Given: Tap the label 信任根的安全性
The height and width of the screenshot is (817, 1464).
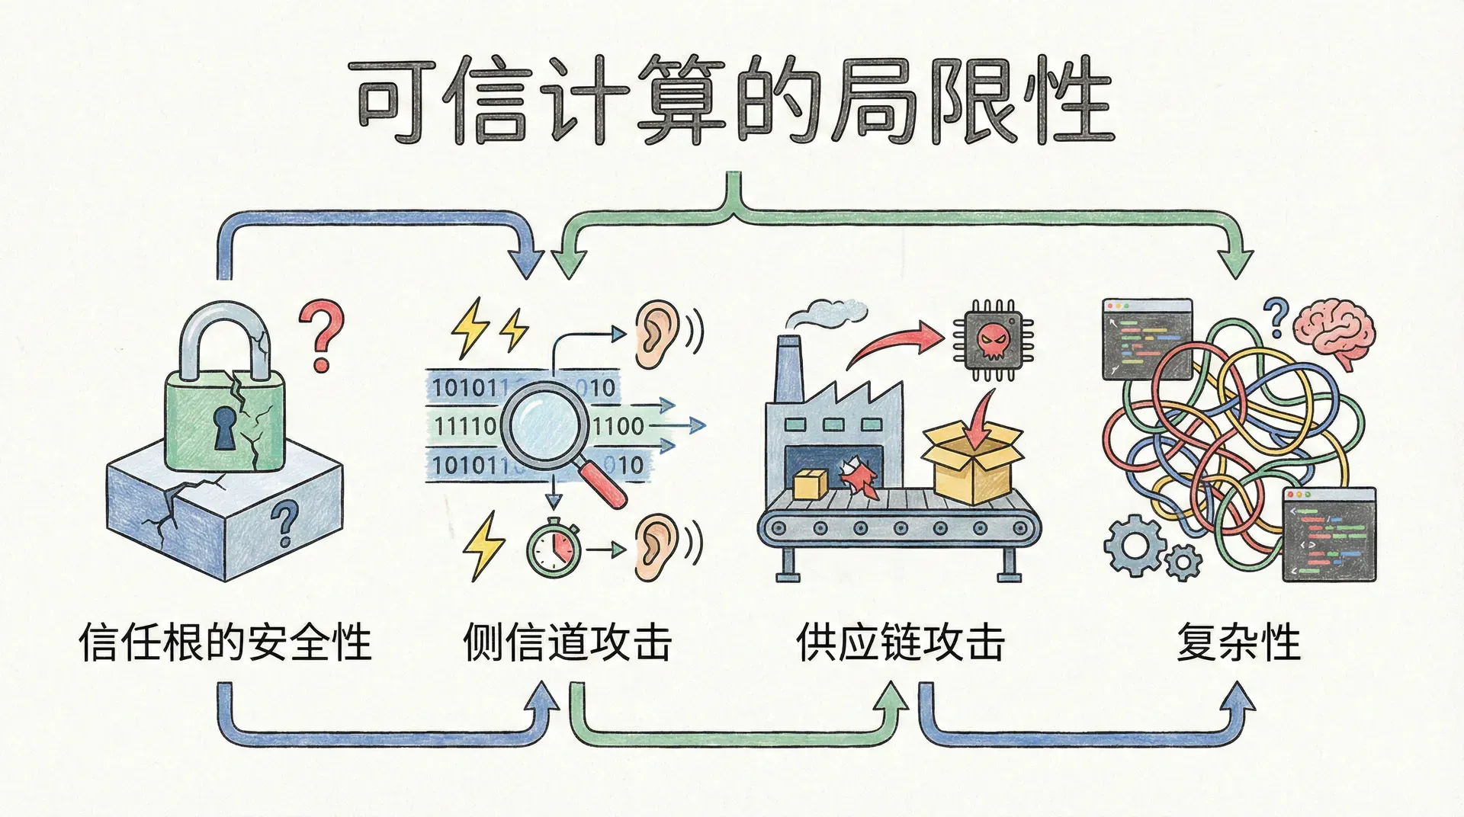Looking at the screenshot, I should (x=225, y=642).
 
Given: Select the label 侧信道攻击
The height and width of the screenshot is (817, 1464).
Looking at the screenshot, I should (x=567, y=642).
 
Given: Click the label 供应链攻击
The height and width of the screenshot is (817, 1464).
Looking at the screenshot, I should (x=901, y=642).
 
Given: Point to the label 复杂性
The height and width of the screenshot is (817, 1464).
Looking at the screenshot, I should (x=1238, y=642).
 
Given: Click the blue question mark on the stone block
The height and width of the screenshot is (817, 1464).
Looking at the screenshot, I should (x=285, y=522).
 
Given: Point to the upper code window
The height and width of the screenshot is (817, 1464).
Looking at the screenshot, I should (x=1147, y=338).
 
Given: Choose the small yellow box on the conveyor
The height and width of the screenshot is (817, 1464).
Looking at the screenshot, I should (x=810, y=485).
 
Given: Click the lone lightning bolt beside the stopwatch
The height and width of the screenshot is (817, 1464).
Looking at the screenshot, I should (x=483, y=546).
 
